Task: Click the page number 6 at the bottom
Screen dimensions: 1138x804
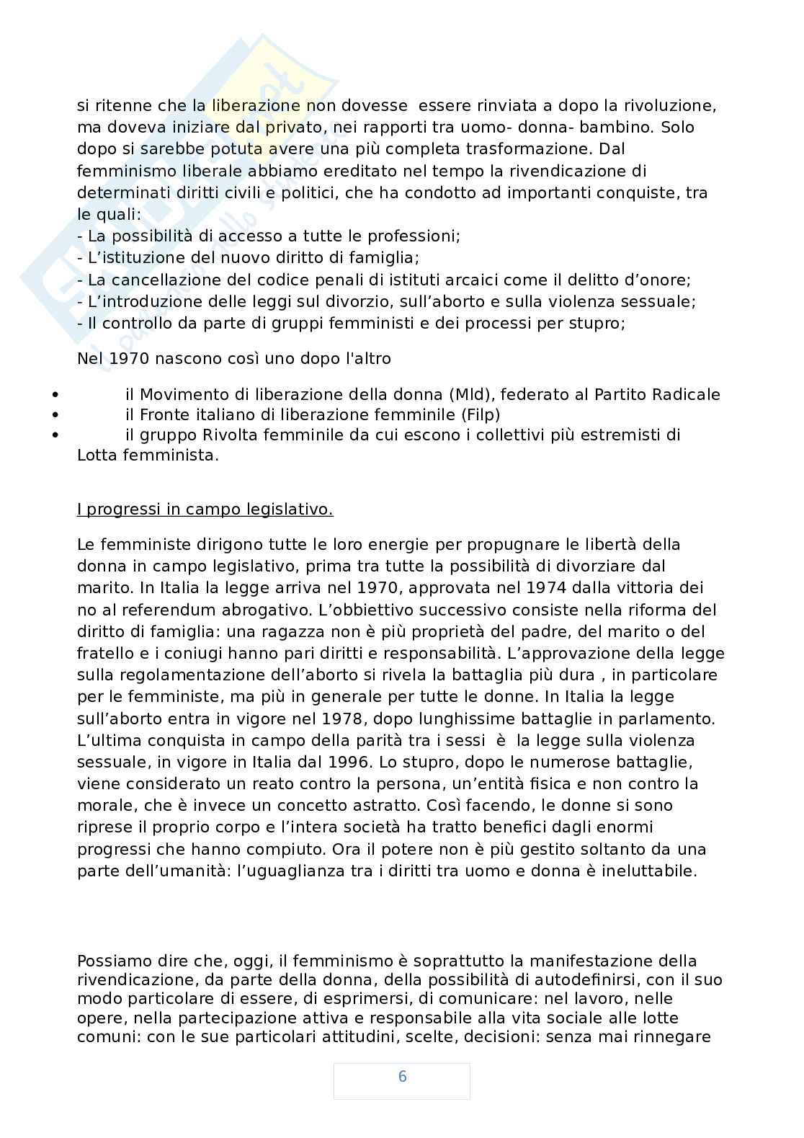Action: [x=402, y=1077]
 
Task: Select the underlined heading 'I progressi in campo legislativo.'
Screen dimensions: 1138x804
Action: [x=205, y=510]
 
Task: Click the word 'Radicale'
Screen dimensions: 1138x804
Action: [x=686, y=394]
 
